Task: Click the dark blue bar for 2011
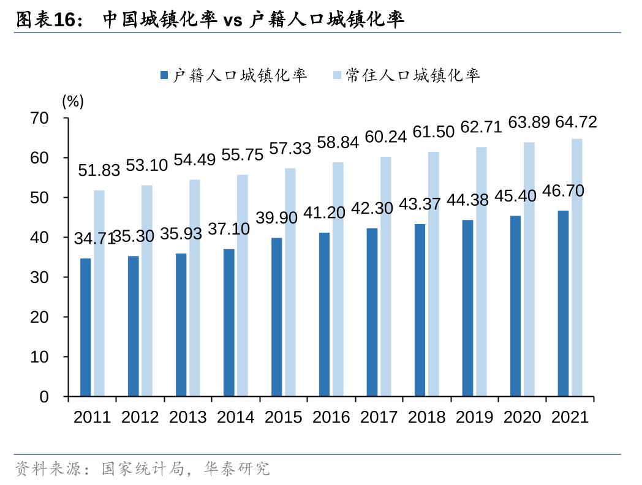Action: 85,328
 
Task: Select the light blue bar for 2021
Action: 576,268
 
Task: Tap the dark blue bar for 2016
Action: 324,315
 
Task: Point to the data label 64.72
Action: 576,122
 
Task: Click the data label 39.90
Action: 276,217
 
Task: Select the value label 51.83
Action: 99,171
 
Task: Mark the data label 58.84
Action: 338,143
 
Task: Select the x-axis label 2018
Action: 426,417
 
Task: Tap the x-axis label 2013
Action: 188,417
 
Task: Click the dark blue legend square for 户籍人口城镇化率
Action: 164,75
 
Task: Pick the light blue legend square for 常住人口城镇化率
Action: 336,75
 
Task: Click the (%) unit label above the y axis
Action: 73,102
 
